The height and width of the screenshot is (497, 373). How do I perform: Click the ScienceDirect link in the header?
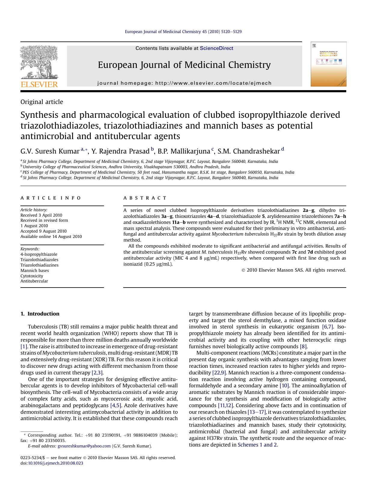(x=216, y=48)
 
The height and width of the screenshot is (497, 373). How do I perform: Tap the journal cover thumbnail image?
(x=329, y=64)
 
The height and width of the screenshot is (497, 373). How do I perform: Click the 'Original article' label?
(x=42, y=102)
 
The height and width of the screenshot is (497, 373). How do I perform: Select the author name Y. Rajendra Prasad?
(x=120, y=151)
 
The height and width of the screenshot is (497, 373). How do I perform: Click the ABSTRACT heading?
(x=145, y=198)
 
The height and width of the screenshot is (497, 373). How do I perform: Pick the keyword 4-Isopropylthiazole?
(x=39, y=254)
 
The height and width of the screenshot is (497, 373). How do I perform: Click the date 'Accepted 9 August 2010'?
(x=44, y=231)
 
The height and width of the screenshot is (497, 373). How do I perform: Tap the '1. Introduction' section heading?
(x=40, y=314)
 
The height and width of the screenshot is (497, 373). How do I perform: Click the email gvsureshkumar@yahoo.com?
(x=84, y=446)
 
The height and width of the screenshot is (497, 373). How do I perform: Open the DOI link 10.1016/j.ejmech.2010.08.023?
(x=55, y=463)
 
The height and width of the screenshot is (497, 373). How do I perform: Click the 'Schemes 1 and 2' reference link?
(x=257, y=445)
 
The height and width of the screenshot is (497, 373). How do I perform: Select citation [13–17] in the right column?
(x=256, y=412)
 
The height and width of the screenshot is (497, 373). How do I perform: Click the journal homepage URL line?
(x=184, y=83)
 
